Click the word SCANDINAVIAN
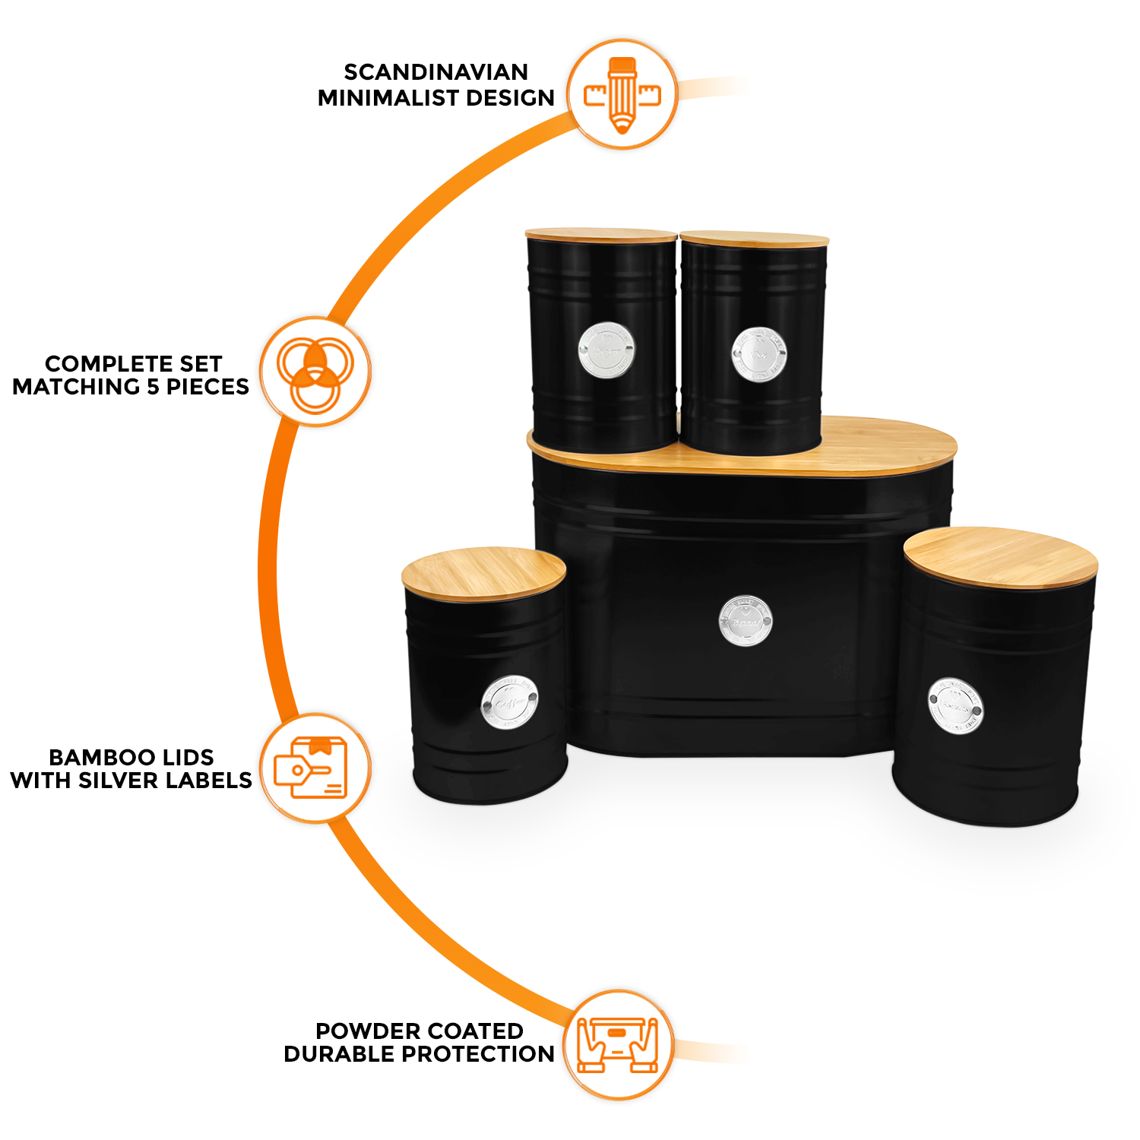point(435,72)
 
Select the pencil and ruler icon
point(622,94)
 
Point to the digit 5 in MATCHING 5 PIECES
point(153,387)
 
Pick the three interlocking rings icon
point(315,371)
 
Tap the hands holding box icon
point(618,1045)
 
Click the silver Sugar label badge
point(606,350)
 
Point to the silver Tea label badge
point(759,354)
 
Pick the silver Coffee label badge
point(509,702)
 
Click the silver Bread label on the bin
point(746,621)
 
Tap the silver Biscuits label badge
point(955,706)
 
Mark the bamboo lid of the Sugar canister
point(600,235)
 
